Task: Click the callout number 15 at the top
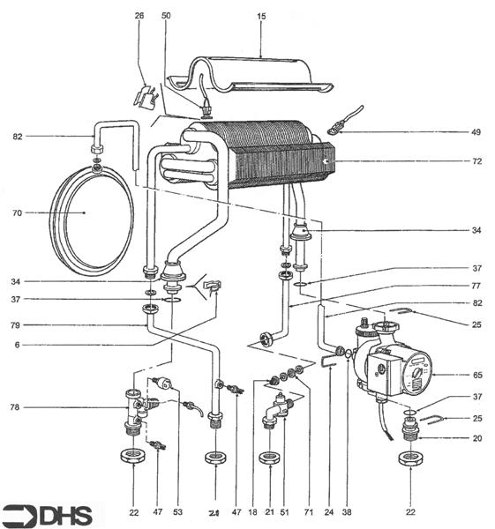(261, 17)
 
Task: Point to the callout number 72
(476, 163)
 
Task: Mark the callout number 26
(139, 17)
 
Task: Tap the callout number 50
(168, 17)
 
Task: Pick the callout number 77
(476, 285)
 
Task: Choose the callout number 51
(284, 511)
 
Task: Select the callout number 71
(306, 511)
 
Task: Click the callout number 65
(476, 375)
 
